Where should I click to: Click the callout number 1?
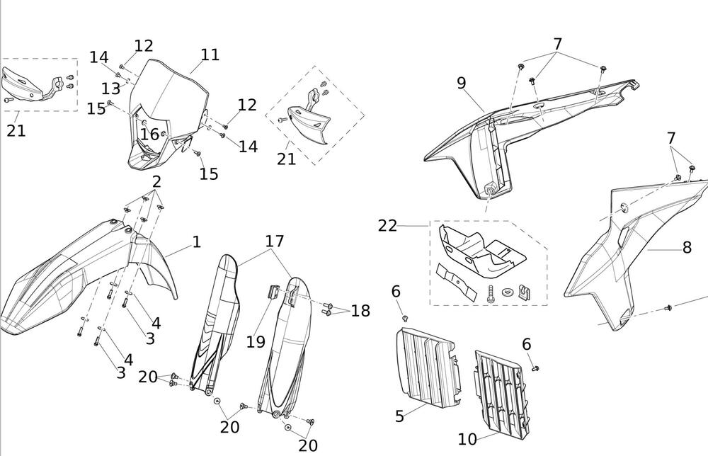click(197, 243)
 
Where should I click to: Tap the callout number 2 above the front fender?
click(156, 181)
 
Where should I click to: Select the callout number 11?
click(210, 55)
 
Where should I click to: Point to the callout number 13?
click(110, 89)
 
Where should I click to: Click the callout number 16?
click(149, 135)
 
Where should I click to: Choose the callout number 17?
click(275, 241)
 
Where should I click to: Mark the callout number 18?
click(360, 311)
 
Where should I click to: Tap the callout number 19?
click(256, 342)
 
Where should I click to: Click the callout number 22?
click(387, 226)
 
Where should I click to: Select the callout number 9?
click(462, 83)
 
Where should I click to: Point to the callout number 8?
click(687, 248)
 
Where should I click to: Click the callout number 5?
click(399, 416)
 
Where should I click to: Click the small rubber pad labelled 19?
click(271, 292)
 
